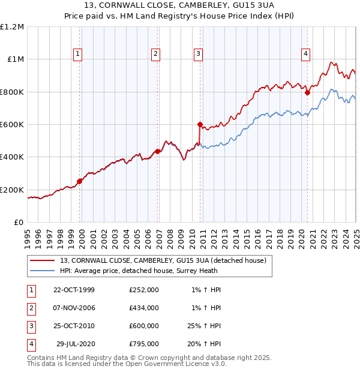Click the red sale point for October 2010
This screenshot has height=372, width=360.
tap(200, 125)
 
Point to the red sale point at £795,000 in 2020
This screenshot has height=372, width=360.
tap(307, 93)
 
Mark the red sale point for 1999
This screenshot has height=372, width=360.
tap(80, 181)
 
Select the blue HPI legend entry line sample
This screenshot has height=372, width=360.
tap(43, 271)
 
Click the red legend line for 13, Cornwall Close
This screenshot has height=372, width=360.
tap(43, 260)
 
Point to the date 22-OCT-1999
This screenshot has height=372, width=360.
tap(74, 290)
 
